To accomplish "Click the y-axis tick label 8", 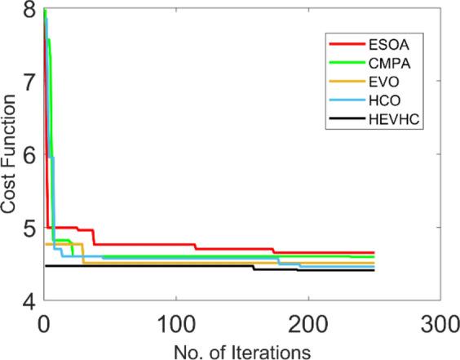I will pyautogui.click(x=29, y=11).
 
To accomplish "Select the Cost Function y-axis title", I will pyautogui.click(x=10, y=155).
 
